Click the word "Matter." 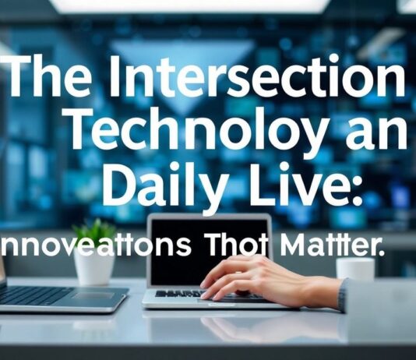[x=335, y=245]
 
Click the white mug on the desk [x=355, y=268]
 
